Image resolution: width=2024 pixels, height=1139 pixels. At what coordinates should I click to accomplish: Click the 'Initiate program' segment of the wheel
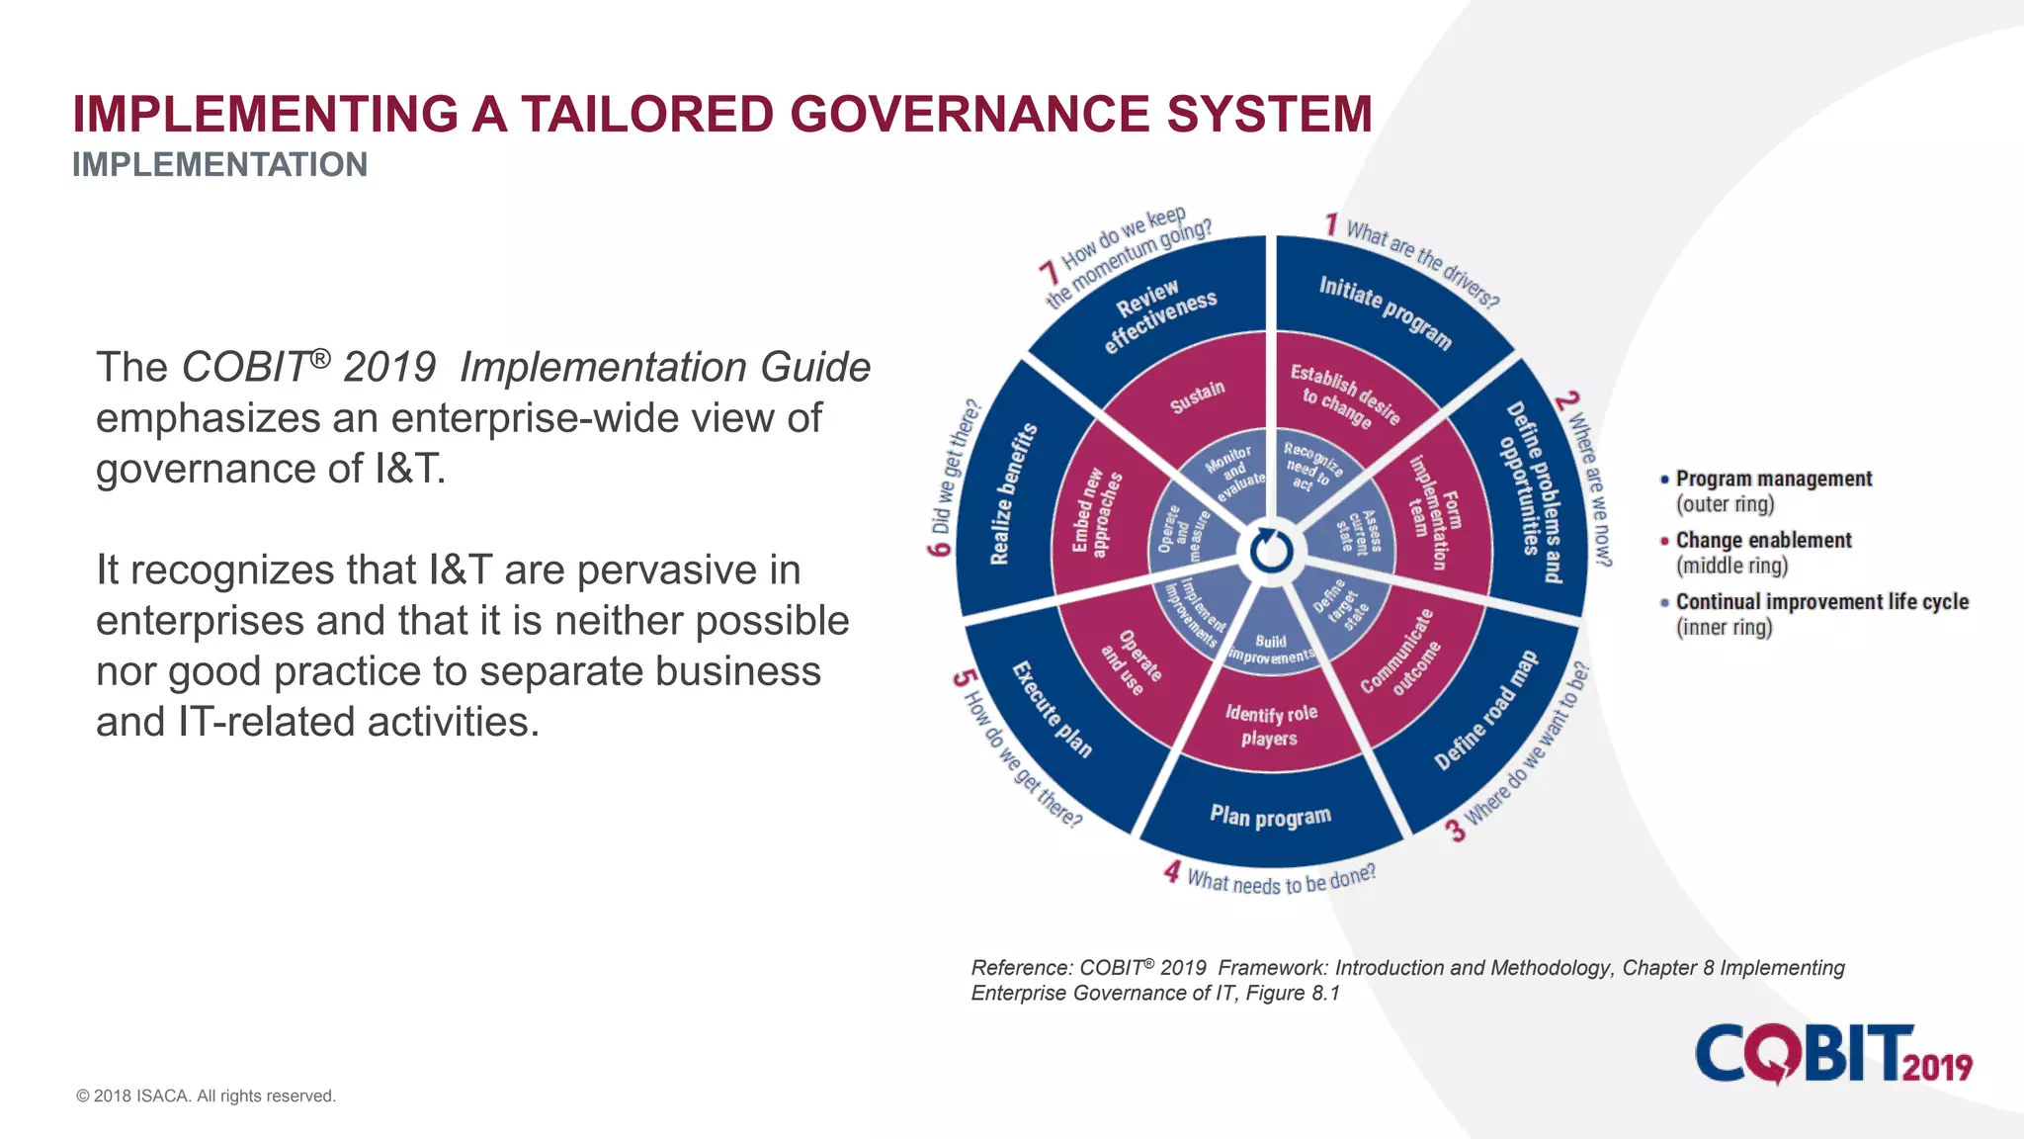[x=1384, y=311]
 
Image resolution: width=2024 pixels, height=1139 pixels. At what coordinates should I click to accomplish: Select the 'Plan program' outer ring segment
[x=1271, y=816]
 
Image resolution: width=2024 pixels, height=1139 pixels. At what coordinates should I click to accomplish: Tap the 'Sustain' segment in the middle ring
[x=1198, y=396]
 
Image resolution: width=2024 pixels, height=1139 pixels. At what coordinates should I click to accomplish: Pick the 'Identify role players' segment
[x=1271, y=725]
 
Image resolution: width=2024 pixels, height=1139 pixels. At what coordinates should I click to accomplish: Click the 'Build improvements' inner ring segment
[x=1271, y=648]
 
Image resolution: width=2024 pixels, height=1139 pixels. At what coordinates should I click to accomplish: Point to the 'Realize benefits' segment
[x=1013, y=493]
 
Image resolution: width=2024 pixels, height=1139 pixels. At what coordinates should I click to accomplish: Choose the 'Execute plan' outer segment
[x=1053, y=709]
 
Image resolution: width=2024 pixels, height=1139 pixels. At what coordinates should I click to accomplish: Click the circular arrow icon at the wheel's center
[x=1271, y=552]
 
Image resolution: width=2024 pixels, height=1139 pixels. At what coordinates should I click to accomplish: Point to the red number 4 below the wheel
[x=1172, y=872]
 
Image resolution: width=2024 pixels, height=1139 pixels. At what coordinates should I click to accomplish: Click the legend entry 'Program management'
[x=1773, y=479]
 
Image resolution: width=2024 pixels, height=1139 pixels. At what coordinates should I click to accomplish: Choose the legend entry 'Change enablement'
[x=1763, y=540]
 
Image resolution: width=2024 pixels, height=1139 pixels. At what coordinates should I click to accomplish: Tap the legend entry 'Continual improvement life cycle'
[x=1821, y=601]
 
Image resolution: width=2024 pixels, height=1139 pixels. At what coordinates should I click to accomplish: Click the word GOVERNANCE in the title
[x=970, y=114]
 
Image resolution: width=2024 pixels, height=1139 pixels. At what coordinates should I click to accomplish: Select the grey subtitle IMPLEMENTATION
[x=219, y=164]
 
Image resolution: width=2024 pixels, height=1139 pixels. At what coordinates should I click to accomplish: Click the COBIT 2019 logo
[x=1833, y=1054]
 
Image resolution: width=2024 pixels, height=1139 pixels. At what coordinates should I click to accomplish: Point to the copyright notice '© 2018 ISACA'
[x=207, y=1095]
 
